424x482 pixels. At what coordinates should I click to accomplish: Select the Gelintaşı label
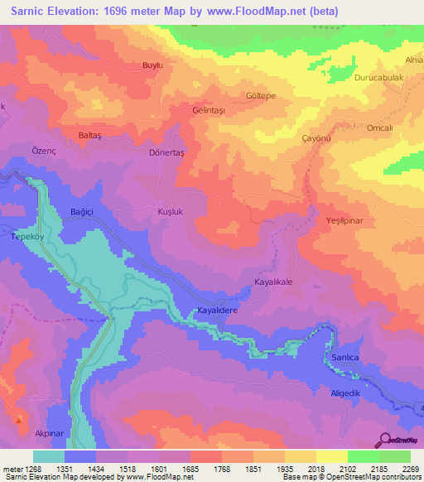pos(209,109)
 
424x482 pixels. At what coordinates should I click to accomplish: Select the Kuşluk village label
pos(170,212)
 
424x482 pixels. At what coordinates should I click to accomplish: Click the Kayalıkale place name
pos(274,283)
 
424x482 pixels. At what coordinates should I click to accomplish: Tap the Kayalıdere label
pos(217,311)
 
